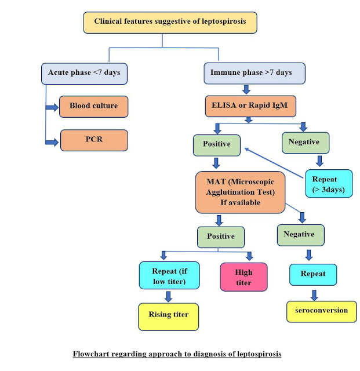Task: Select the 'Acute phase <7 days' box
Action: pyautogui.click(x=84, y=73)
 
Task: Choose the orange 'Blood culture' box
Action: pyautogui.click(x=93, y=106)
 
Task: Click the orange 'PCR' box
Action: pyautogui.click(x=93, y=140)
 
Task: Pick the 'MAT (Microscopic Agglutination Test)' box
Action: pyautogui.click(x=240, y=191)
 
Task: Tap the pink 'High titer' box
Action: pyautogui.click(x=243, y=277)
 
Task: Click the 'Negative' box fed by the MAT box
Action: pyautogui.click(x=299, y=234)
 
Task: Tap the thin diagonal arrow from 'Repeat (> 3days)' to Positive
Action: pyautogui.click(x=276, y=162)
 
